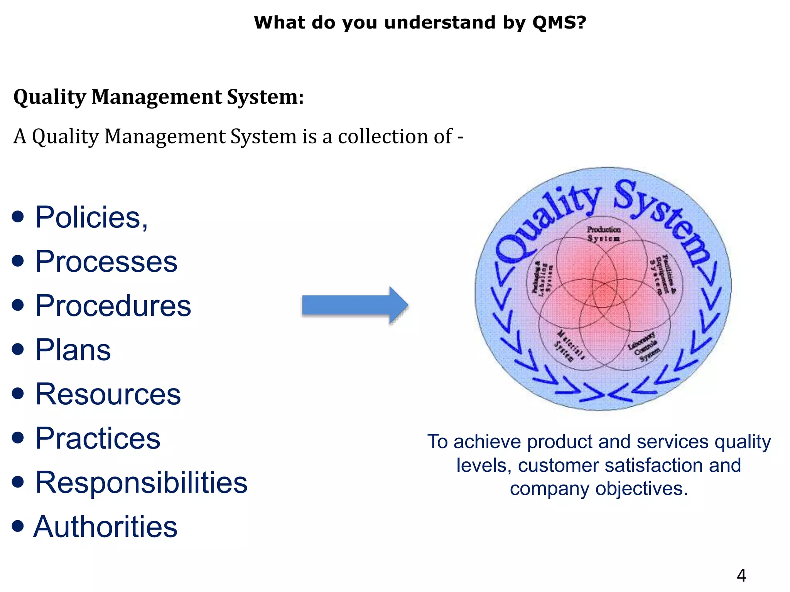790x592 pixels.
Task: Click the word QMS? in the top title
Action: click(x=559, y=23)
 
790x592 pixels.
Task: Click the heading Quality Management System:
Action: click(x=159, y=97)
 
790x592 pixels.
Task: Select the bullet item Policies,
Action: click(x=91, y=217)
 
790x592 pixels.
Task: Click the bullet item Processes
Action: click(x=106, y=262)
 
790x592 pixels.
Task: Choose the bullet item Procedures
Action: click(x=113, y=306)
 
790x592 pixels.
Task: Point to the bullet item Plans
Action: click(x=73, y=350)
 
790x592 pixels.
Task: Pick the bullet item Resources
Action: click(x=108, y=394)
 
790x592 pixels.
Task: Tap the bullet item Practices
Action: click(x=98, y=439)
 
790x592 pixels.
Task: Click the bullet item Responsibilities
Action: click(x=141, y=483)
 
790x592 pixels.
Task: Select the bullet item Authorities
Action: click(x=105, y=527)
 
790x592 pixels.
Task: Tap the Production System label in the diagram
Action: click(x=604, y=234)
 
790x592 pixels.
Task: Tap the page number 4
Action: click(x=741, y=575)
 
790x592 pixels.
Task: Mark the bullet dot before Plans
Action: click(x=18, y=350)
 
